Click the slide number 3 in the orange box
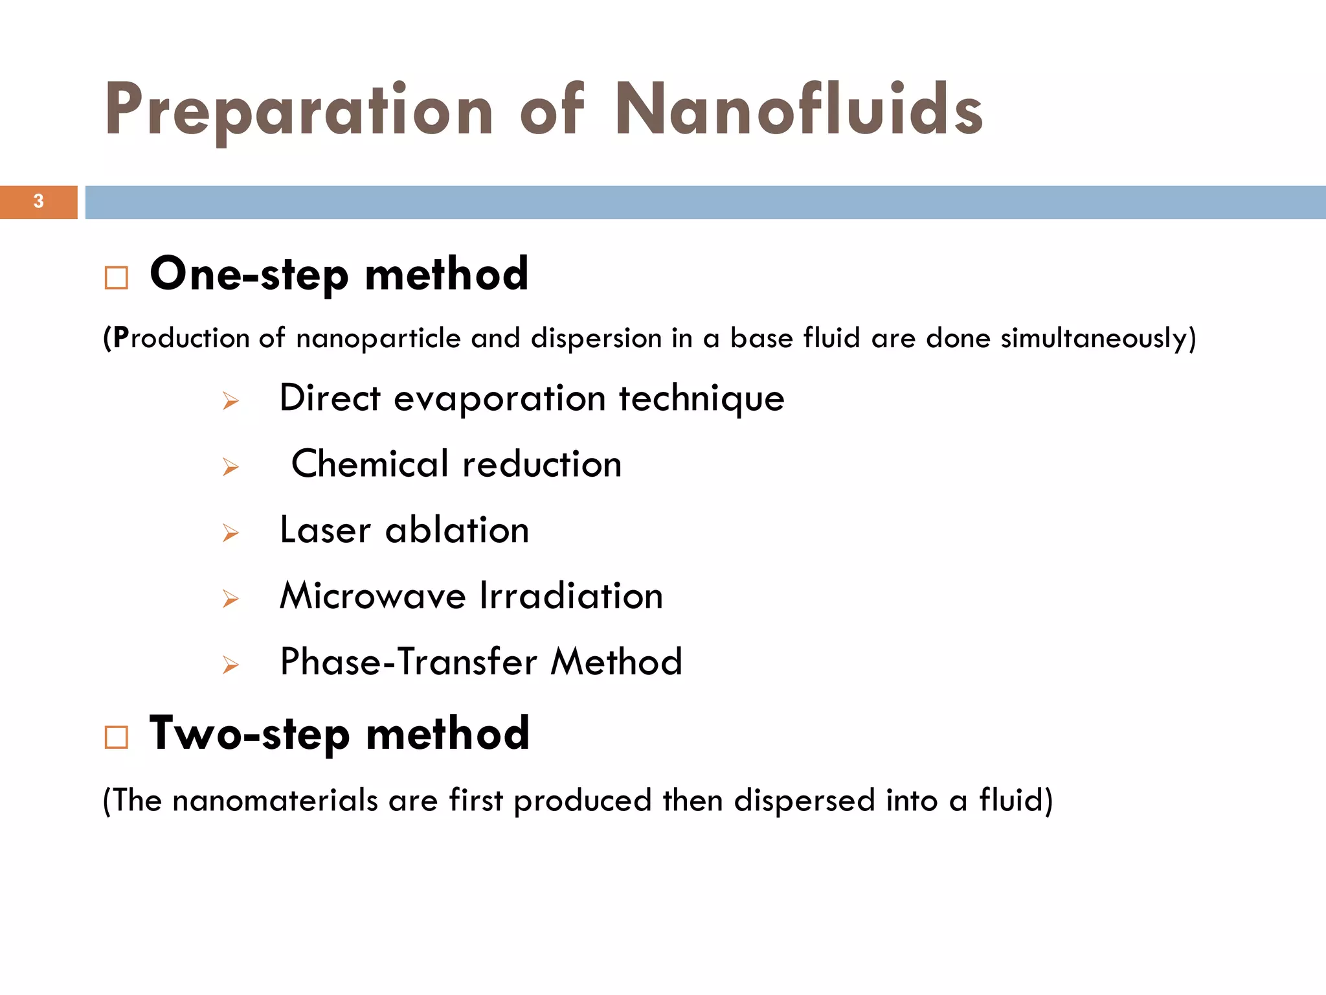[x=39, y=201]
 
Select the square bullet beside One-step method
[x=117, y=278]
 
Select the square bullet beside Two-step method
[x=117, y=737]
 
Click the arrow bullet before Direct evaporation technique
[x=230, y=402]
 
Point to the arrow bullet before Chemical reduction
[x=230, y=467]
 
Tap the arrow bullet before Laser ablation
[x=230, y=533]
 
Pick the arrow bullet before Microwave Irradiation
[x=230, y=599]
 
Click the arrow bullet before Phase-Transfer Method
[x=230, y=665]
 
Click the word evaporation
[x=500, y=398]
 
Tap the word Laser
[x=325, y=530]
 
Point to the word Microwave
[x=372, y=596]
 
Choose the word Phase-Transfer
[x=409, y=662]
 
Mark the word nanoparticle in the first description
[x=379, y=339]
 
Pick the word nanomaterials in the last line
[x=275, y=801]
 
